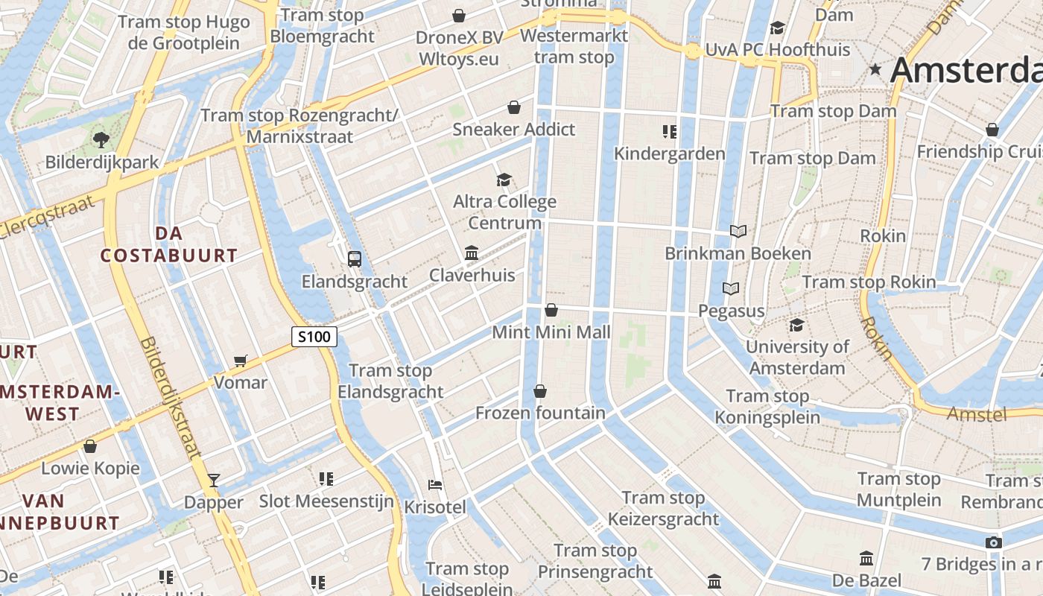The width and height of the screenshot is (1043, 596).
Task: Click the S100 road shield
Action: coord(314,337)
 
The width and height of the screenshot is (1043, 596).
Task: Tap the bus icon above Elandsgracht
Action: coord(355,259)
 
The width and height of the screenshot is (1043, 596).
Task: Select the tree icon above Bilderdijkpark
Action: coord(101,139)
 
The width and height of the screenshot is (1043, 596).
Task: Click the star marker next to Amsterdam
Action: coord(875,69)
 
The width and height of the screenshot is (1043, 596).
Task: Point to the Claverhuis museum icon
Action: coord(472,253)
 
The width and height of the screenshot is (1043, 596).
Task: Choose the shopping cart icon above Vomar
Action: coord(240,361)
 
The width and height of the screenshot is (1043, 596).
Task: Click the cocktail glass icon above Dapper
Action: coord(214,481)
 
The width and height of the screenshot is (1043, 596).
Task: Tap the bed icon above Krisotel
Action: coord(435,485)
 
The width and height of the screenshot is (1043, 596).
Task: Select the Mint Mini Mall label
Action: coord(551,332)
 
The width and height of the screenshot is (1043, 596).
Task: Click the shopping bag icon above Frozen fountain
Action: coord(540,391)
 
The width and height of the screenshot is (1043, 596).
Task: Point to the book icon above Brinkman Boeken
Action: coord(738,232)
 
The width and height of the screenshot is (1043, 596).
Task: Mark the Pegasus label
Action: coord(732,311)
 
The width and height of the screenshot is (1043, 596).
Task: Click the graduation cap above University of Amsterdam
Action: coord(796,326)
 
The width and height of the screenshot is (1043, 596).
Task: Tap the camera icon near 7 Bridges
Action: coord(993,542)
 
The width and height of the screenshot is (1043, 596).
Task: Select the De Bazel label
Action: coord(866,580)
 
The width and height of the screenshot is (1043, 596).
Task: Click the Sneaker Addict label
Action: coord(514,130)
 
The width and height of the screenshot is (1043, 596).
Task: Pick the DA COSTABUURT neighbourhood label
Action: coord(169,244)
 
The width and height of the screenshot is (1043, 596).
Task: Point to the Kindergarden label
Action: coord(669,154)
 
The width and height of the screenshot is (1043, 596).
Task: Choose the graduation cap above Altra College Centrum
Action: coord(504,180)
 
